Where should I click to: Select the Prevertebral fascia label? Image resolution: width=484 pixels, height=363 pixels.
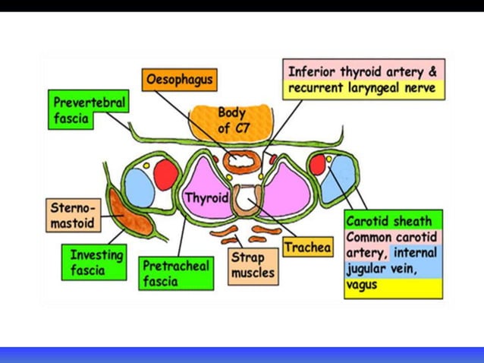pos(88,111)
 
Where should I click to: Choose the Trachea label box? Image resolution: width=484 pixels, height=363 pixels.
pos(307,247)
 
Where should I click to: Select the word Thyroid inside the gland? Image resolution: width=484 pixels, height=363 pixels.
pos(206,197)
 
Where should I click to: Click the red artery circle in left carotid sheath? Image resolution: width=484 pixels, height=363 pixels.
pos(165,176)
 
